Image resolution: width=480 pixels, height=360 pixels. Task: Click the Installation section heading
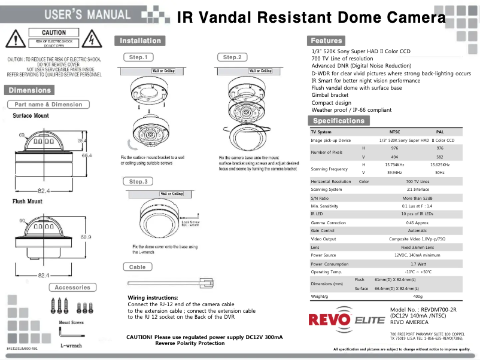140,41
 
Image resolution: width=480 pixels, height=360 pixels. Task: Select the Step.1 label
138,57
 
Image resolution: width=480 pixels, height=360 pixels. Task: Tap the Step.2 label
232,57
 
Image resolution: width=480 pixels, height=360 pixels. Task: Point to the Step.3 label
138,181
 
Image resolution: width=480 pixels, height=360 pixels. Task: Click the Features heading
326,41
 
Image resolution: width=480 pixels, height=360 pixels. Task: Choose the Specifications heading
338,120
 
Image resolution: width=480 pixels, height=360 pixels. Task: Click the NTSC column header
395,132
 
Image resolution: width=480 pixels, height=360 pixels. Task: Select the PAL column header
440,132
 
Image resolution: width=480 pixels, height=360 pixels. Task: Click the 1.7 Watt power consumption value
418,264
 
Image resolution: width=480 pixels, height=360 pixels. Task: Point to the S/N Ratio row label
320,198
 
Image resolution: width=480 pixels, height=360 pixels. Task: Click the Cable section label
137,267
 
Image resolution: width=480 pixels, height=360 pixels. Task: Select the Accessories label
72,288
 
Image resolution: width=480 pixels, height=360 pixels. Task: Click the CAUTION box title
54,33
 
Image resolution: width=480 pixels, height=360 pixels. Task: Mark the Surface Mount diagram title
31,115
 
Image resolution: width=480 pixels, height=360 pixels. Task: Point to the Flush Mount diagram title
28,202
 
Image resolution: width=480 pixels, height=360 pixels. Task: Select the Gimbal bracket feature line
330,95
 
